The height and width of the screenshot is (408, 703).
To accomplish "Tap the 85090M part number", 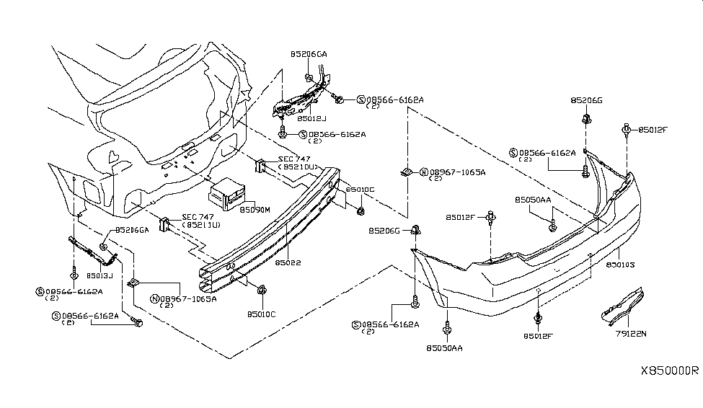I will click(x=255, y=210).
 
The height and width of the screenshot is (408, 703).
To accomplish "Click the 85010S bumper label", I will click(x=619, y=265).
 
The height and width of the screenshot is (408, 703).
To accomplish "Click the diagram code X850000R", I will click(x=670, y=371).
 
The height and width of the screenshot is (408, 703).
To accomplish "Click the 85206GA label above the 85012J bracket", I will click(x=309, y=54).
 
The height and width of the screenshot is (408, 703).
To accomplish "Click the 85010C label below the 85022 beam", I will click(x=262, y=314).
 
